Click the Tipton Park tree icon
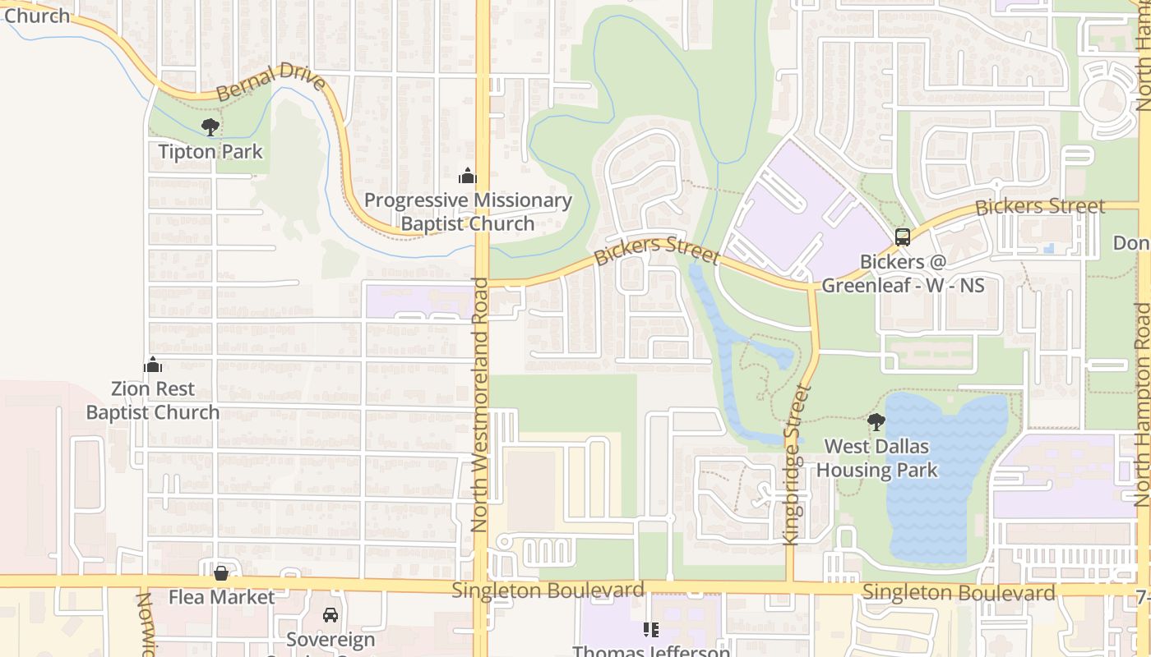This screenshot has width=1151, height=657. point(210,127)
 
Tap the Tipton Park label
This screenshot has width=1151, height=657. point(210,152)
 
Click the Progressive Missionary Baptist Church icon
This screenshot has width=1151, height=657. point(467,176)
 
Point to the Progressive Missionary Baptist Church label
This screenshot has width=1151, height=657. point(467,212)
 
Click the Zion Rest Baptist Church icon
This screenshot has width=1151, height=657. point(153,365)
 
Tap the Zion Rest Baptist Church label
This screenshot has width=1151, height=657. point(153,401)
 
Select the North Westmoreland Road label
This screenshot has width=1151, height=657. point(480,404)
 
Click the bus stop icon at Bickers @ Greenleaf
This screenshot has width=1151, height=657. point(903,237)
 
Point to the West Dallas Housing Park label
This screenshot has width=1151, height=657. point(876,458)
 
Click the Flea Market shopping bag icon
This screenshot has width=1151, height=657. point(220,573)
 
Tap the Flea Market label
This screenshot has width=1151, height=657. point(221,597)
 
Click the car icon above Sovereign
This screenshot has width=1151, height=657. point(331,615)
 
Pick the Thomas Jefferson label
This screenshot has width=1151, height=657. point(651,650)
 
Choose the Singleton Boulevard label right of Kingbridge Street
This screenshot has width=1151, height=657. point(959,592)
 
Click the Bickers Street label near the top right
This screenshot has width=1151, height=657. point(1039,206)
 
